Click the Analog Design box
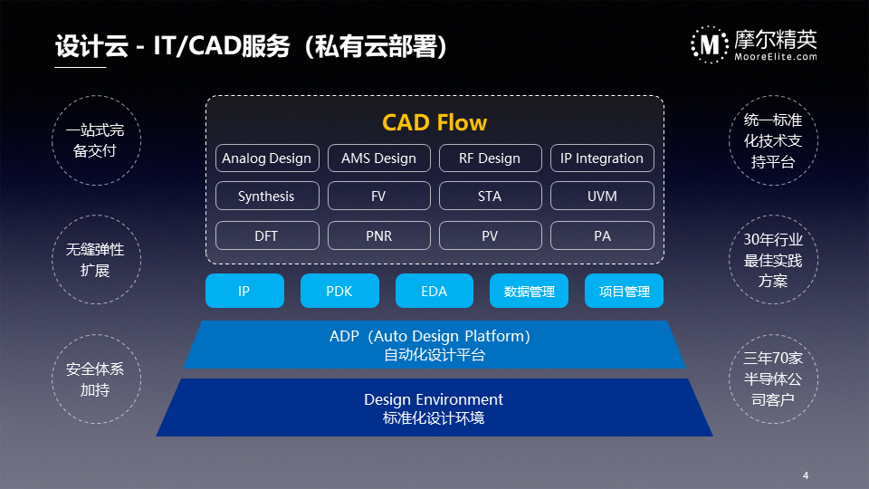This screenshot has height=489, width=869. point(267,158)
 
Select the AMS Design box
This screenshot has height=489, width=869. point(379,158)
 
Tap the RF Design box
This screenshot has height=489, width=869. point(490,158)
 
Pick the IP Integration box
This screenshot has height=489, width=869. point(602,158)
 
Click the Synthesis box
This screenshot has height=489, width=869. point(267,196)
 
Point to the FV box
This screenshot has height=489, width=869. point(379,196)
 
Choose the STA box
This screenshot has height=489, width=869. point(490,196)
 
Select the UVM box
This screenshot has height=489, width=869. point(602,196)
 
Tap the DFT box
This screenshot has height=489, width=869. point(267,235)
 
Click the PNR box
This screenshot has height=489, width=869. point(379,235)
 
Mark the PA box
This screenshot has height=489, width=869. point(602,235)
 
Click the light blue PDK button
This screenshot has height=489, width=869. point(339,291)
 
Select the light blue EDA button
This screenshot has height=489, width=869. point(434,291)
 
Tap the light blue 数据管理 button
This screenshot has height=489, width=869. point(530,291)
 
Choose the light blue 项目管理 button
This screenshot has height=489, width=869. point(624,291)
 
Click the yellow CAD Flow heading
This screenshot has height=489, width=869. point(434,122)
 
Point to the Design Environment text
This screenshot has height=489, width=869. point(434,399)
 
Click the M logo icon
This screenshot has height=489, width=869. point(710,44)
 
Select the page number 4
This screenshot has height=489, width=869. point(806,475)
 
